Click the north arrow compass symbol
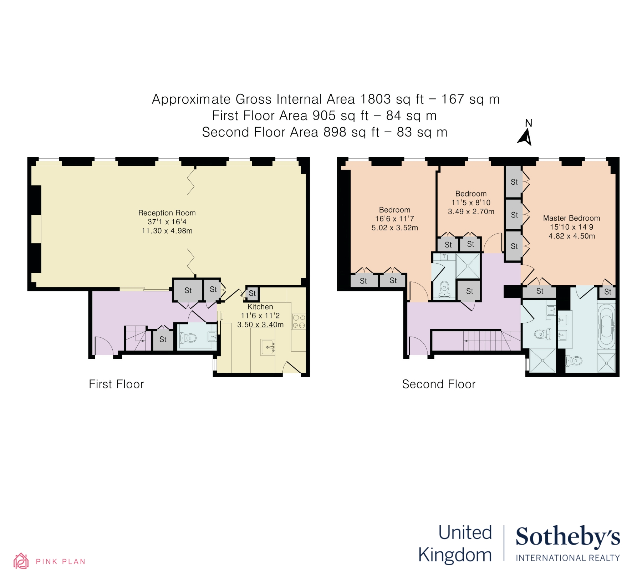[x=525, y=137]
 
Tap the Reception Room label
[x=167, y=213]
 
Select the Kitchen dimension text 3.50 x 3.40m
[x=260, y=325]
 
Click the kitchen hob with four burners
[x=299, y=321]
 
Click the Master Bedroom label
[x=571, y=218]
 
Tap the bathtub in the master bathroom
[x=606, y=326]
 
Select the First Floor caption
[x=116, y=384]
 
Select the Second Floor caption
[x=439, y=384]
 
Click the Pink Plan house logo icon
[x=21, y=561]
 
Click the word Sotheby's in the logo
[x=568, y=537]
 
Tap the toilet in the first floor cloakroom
[x=189, y=337]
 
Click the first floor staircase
[x=136, y=339]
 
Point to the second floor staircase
[x=489, y=341]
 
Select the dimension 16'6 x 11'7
[x=394, y=219]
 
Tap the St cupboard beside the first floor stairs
[x=163, y=339]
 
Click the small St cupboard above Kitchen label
[x=252, y=293]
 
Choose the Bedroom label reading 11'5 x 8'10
[x=471, y=194]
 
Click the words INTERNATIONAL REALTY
[x=568, y=558]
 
